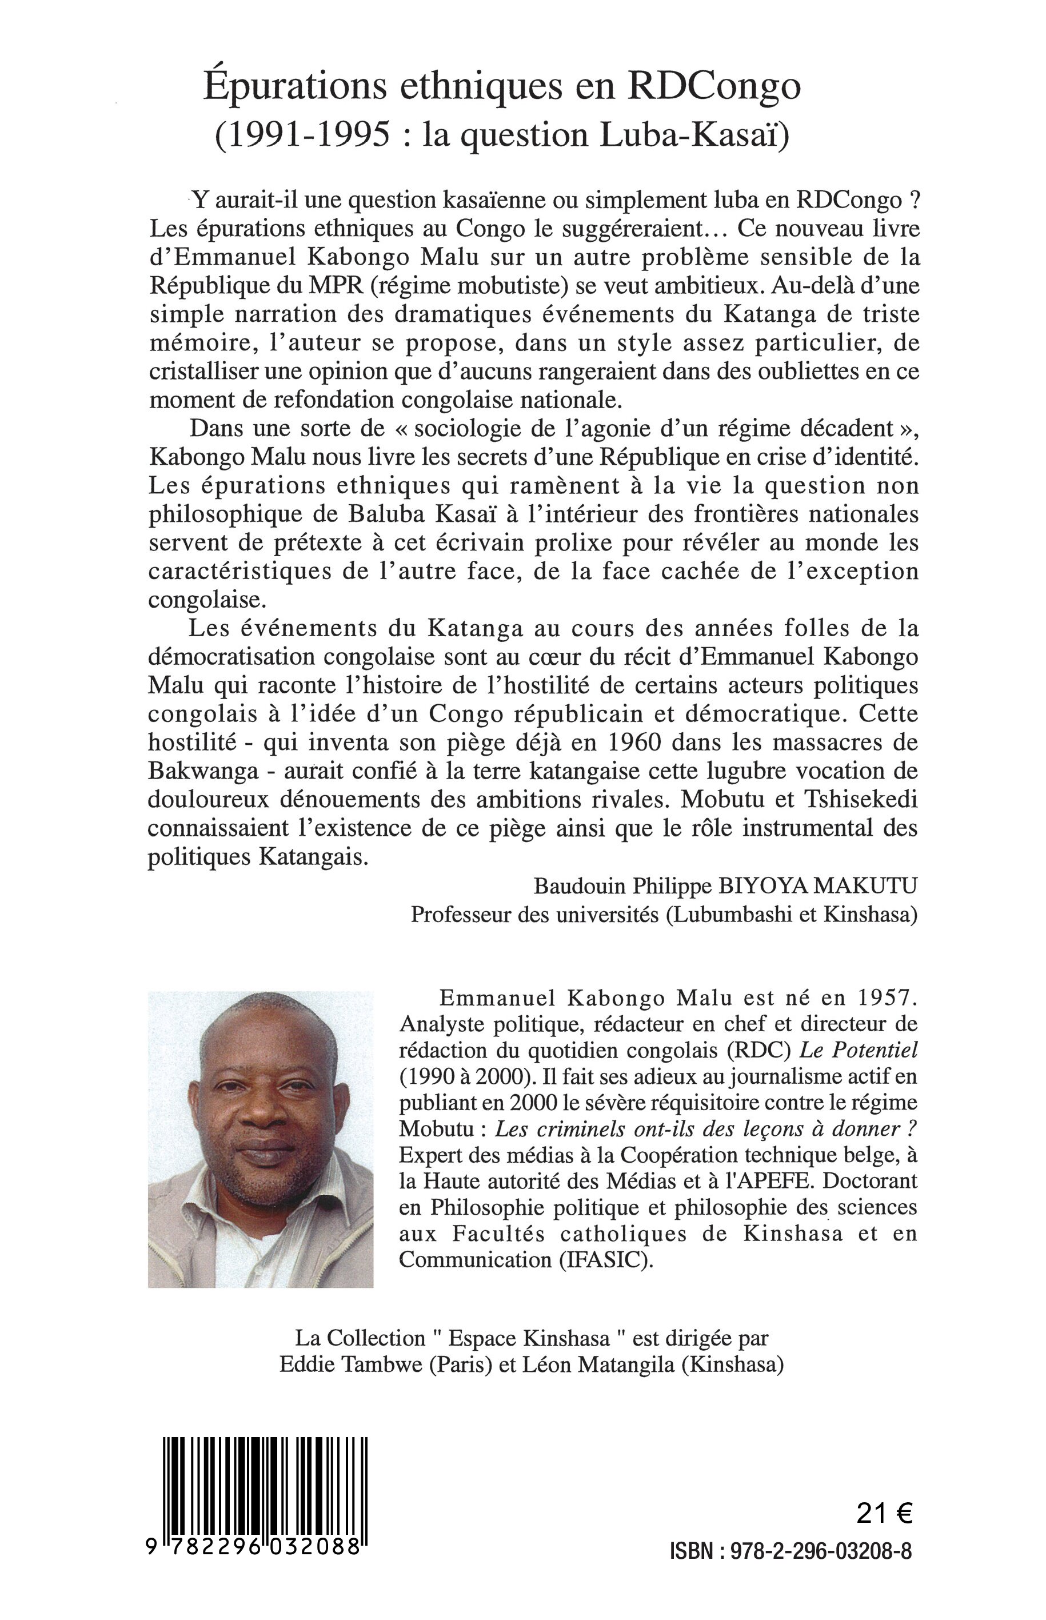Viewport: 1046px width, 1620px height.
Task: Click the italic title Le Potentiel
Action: tap(858, 1050)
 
